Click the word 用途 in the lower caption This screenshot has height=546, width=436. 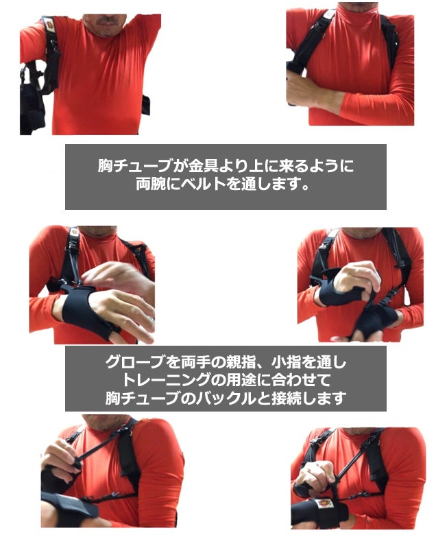[242, 380]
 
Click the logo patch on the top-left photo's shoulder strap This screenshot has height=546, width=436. [49, 25]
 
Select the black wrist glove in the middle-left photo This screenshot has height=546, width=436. [85, 311]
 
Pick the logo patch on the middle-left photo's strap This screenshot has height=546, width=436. [75, 232]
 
